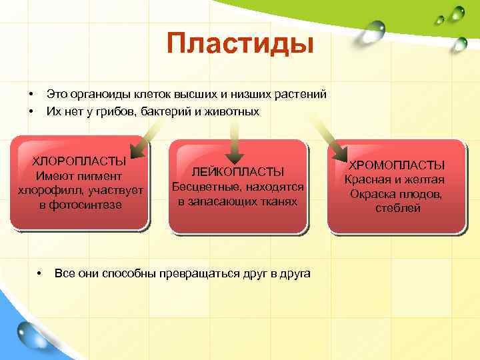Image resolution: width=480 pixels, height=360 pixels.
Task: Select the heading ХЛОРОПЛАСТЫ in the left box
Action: point(79,161)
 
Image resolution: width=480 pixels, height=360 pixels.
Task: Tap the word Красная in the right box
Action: point(366,179)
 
